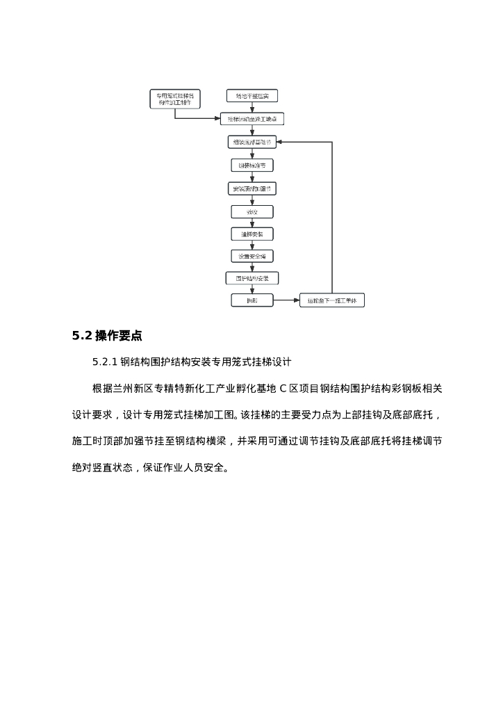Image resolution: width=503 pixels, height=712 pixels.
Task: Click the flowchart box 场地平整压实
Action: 252,96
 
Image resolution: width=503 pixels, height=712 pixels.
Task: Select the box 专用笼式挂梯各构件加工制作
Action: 175,99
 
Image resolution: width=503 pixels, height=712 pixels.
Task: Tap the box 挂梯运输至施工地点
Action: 252,119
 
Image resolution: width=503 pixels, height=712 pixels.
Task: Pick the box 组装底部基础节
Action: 252,143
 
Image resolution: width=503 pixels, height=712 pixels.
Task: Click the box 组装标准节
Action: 252,165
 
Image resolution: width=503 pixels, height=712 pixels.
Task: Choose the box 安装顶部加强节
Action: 252,188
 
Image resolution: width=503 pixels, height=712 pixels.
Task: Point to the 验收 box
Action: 252,211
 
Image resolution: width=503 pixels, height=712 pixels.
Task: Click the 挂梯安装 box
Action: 252,234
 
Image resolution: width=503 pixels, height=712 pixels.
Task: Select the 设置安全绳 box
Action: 252,256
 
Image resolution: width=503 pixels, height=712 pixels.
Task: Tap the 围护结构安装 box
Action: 252,278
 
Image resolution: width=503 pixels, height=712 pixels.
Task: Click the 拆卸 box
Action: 252,300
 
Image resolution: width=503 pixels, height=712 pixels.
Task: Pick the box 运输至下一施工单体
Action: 332,300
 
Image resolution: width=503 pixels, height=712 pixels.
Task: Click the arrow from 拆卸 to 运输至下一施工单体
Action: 286,300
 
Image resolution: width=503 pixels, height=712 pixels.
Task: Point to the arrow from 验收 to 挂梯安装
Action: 252,222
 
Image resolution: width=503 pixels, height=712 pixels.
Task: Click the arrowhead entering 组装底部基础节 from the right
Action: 280,143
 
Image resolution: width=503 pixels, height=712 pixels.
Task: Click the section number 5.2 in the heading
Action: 82,336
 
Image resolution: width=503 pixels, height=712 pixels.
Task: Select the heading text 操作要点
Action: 119,336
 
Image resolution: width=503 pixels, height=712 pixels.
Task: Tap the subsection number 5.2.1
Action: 105,362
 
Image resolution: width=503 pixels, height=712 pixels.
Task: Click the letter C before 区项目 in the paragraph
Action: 283,388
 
